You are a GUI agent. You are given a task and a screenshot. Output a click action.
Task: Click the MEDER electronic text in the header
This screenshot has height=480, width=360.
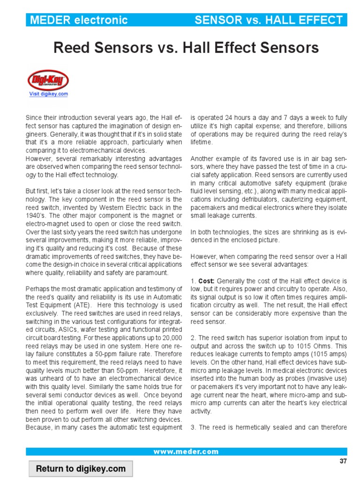[x=78, y=20]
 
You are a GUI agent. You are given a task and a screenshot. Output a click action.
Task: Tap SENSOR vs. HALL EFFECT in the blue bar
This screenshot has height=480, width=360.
[x=269, y=20]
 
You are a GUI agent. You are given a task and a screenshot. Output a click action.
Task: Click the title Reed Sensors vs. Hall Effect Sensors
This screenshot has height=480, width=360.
[x=186, y=48]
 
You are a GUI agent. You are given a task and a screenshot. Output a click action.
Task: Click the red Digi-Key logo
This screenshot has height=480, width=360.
[x=49, y=80]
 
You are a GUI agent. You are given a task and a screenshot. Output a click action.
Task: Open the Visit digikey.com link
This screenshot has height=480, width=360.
[x=49, y=94]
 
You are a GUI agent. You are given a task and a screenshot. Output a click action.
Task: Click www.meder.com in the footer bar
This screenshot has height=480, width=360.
[x=186, y=452]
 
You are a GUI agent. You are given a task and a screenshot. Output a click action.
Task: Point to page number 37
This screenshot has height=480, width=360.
[x=343, y=461]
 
